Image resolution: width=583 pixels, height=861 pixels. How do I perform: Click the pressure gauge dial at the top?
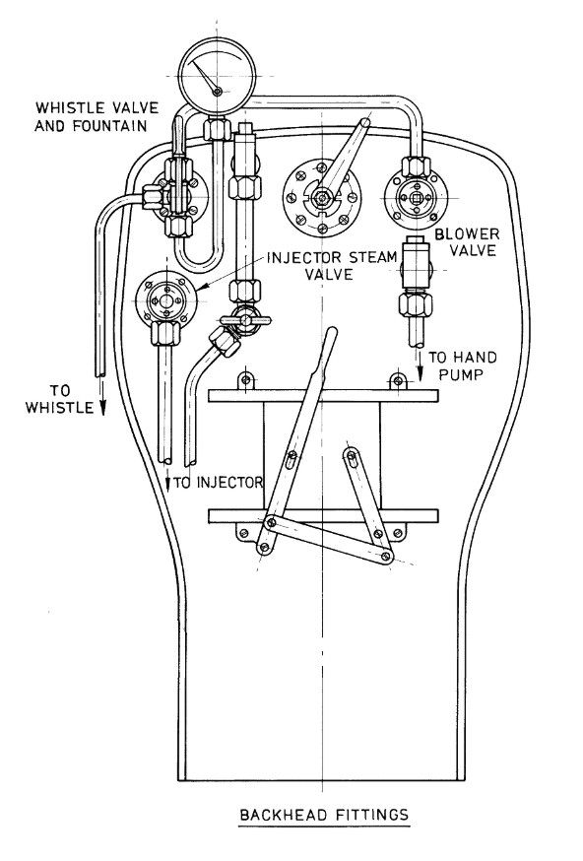coord(218,76)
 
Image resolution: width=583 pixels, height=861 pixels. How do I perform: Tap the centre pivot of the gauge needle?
coord(218,92)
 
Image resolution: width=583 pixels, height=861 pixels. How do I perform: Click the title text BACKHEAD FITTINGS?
coord(324,815)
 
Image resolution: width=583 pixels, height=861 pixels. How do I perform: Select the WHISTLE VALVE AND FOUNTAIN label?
coord(97,116)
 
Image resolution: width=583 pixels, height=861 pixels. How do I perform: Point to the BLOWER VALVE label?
coord(467,242)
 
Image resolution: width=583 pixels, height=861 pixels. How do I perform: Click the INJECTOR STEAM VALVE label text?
coord(332,265)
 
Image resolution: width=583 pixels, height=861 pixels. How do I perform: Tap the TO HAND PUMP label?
coord(462,365)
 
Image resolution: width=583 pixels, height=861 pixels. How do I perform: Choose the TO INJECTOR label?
coord(219,483)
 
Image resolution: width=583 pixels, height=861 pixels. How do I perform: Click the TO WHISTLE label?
coord(59,399)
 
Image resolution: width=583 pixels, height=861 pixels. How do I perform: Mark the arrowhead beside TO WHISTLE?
coord(102,408)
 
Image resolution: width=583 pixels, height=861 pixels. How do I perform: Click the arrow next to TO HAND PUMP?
coord(420,365)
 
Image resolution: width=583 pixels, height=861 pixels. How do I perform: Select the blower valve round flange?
coord(417,198)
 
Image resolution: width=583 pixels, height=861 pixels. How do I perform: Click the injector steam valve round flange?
coord(166,300)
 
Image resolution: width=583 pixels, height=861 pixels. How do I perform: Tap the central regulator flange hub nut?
coord(322,197)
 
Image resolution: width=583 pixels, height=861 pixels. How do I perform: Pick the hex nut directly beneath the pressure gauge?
coord(218,129)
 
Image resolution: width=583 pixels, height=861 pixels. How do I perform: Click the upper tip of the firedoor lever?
coord(332,331)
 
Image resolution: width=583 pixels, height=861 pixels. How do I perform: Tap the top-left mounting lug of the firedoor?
coord(246,380)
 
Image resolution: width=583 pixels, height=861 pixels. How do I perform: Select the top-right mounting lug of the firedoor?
coord(398,380)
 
